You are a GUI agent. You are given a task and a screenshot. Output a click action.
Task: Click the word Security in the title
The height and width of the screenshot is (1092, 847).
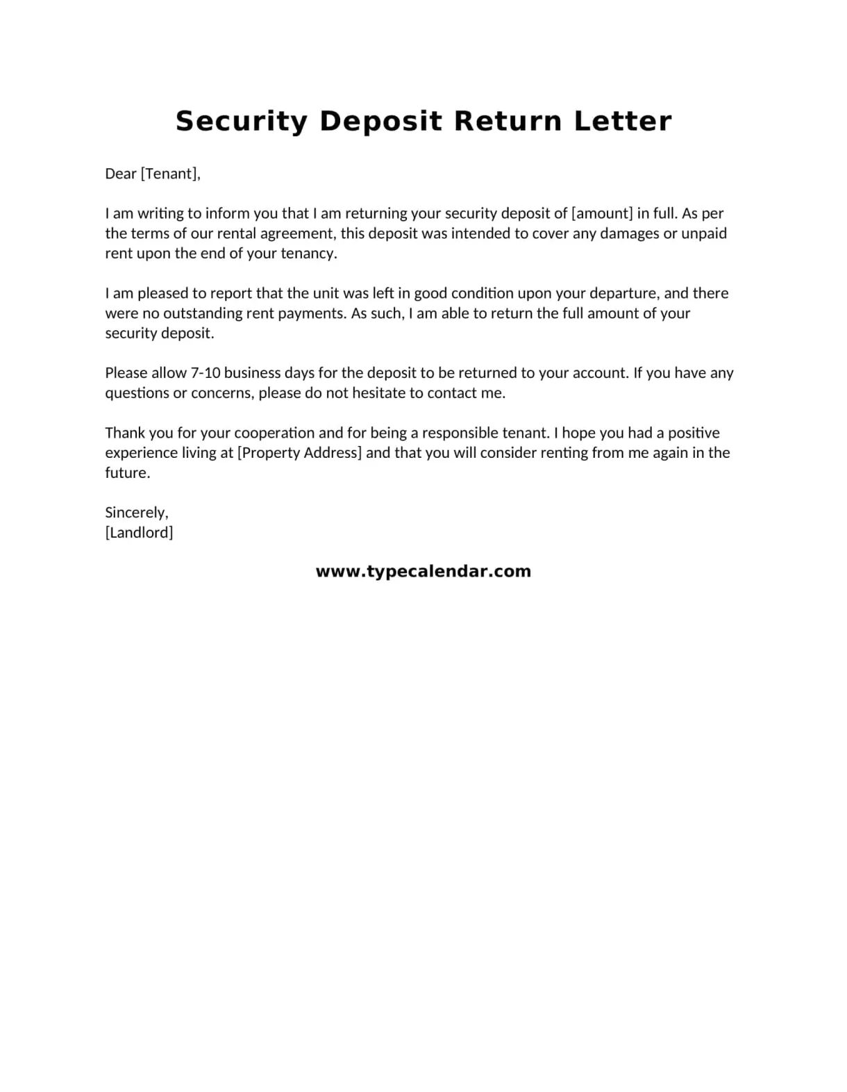point(241,122)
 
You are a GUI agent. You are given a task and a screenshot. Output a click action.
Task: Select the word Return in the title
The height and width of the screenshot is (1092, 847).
point(508,122)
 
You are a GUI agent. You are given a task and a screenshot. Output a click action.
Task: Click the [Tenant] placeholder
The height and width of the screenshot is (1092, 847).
point(170,174)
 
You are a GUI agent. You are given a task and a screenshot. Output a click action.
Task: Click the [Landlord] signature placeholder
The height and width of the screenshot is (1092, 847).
point(139,533)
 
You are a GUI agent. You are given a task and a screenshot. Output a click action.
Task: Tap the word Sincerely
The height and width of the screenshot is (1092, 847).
point(136,513)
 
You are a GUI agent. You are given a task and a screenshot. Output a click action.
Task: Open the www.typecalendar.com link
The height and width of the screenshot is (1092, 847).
point(423,572)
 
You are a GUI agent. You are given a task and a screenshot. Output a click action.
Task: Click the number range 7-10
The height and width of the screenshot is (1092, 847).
point(206,373)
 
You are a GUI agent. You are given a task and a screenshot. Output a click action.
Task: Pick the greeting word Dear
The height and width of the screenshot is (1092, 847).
point(120,174)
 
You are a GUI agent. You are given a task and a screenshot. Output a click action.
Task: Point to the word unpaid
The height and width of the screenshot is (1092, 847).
point(704,233)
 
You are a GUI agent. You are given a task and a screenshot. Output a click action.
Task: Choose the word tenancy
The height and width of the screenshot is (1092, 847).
point(308,254)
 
